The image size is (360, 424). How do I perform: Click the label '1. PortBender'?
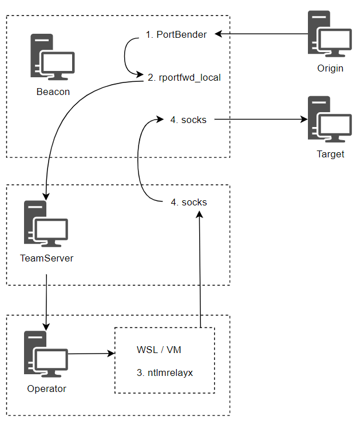click(x=176, y=35)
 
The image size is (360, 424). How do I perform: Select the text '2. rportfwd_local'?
click(x=184, y=77)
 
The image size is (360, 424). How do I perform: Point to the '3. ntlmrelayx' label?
click(x=165, y=373)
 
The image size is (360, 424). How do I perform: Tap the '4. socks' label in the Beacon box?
click(x=188, y=120)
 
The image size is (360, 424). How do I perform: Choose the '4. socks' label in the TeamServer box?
click(x=189, y=202)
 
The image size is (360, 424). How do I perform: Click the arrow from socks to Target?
click(x=258, y=120)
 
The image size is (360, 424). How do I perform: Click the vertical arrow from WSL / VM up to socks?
click(x=200, y=269)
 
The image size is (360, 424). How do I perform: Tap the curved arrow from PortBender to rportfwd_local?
click(x=126, y=56)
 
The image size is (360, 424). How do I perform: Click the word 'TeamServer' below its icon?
click(x=46, y=258)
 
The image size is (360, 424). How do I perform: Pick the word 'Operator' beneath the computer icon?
click(x=46, y=389)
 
